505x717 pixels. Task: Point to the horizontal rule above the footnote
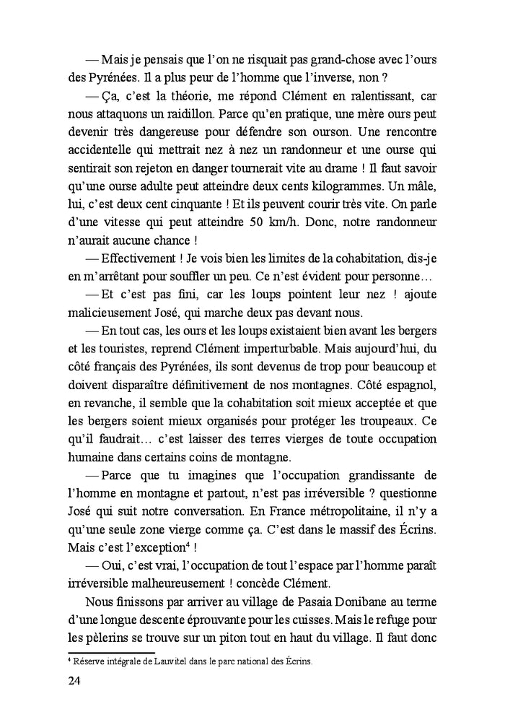pyautogui.click(x=102, y=653)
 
